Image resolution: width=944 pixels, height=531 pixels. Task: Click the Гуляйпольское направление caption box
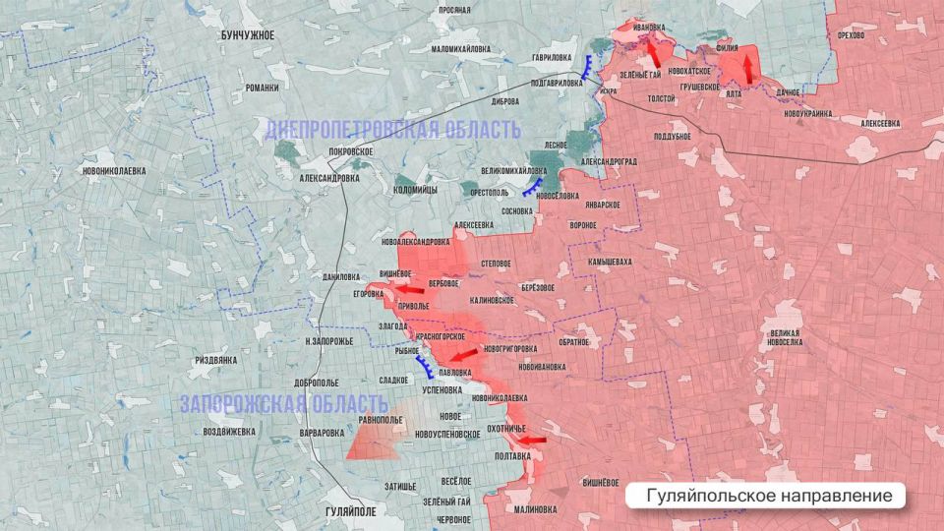click(764, 496)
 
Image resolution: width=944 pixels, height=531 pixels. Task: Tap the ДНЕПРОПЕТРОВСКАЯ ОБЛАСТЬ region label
click(391, 129)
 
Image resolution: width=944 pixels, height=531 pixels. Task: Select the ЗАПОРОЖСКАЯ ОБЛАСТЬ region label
click(283, 403)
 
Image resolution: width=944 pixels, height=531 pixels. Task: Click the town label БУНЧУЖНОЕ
click(248, 35)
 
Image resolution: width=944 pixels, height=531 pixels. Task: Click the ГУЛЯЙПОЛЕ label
click(350, 511)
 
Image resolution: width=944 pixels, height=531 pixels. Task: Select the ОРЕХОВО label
click(851, 35)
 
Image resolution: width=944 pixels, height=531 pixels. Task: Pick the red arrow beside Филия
click(746, 67)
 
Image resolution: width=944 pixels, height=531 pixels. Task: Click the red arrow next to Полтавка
click(532, 441)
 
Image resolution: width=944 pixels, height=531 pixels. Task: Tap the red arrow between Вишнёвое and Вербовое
click(411, 289)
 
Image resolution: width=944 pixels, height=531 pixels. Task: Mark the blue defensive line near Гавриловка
click(587, 67)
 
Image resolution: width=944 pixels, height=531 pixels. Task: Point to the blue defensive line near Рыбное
click(426, 368)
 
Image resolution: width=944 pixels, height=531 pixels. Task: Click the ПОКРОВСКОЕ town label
click(351, 151)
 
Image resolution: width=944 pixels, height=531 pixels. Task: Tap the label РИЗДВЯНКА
click(216, 360)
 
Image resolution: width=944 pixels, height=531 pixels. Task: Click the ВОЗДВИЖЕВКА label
click(229, 432)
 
